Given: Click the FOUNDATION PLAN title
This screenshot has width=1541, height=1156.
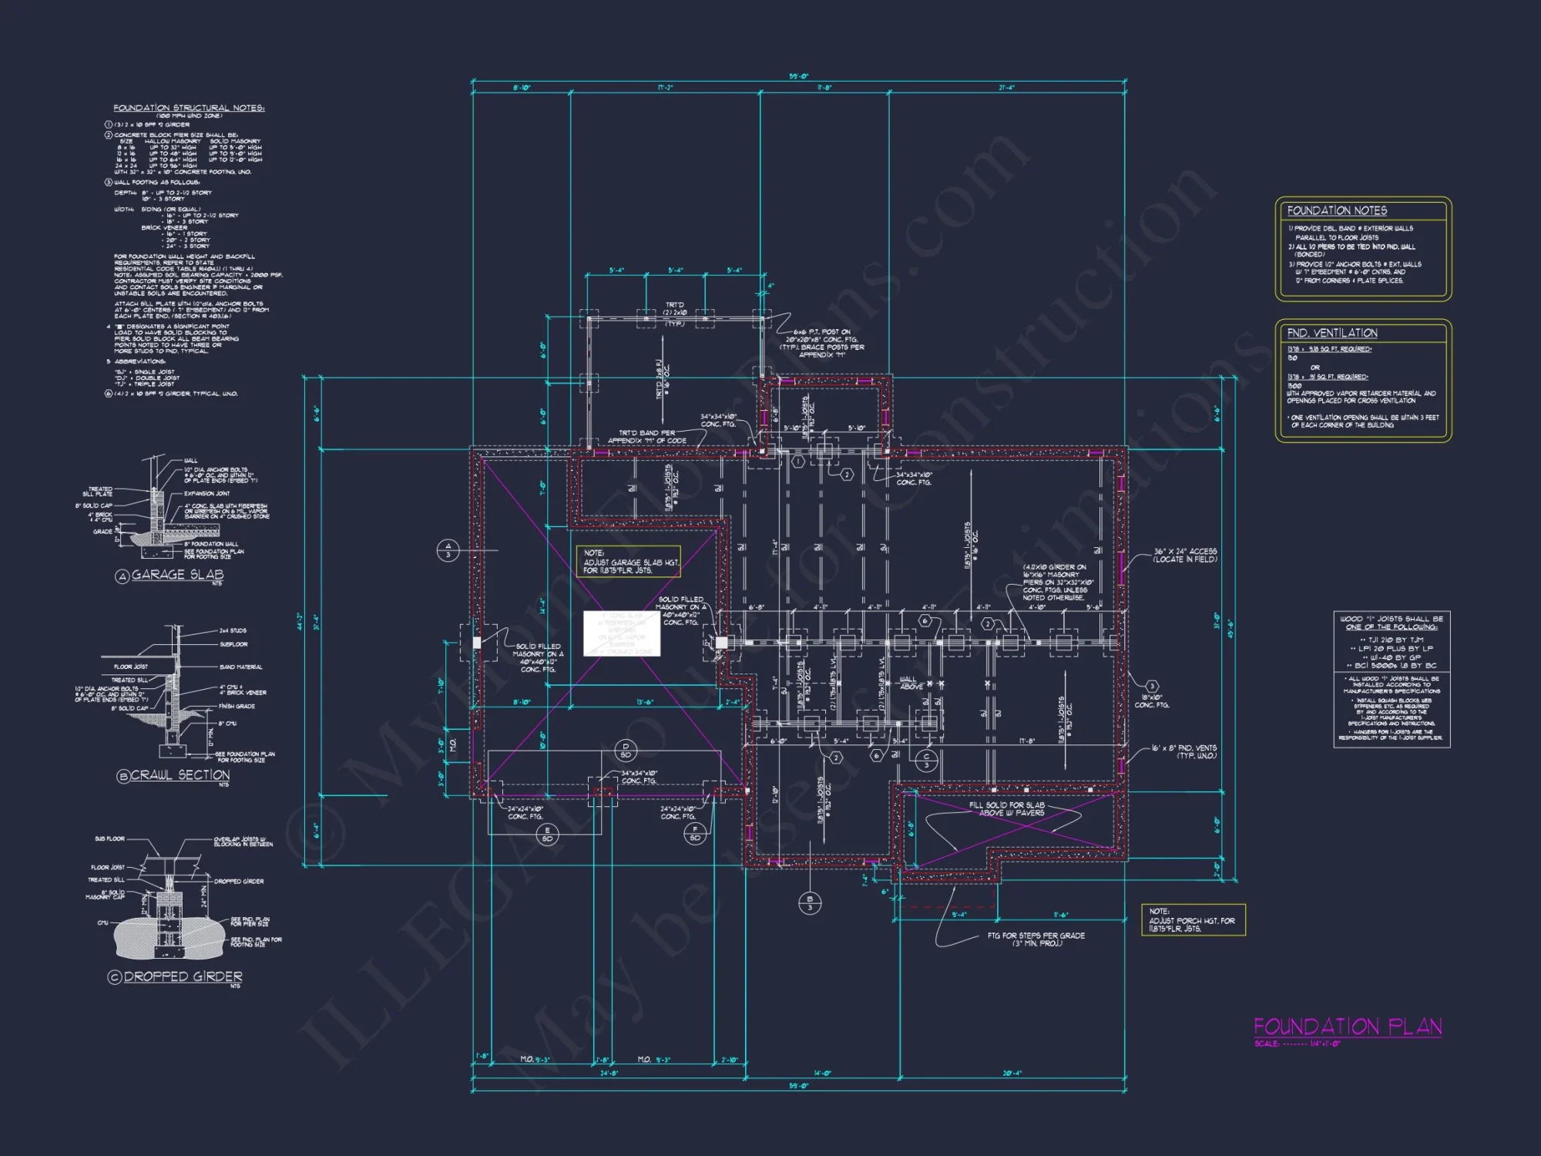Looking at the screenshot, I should tap(1348, 1027).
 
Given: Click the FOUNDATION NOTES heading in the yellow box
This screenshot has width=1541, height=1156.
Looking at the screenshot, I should tap(1337, 210).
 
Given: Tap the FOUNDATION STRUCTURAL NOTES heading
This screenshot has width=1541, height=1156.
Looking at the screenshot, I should tap(189, 108).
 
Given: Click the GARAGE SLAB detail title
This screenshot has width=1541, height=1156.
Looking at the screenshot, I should tap(177, 575).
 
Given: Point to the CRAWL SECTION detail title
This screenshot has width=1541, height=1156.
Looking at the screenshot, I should tap(180, 775).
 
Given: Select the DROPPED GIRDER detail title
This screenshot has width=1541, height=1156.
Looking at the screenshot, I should tap(183, 976).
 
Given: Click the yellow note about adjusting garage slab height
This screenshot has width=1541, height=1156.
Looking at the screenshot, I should tap(629, 562).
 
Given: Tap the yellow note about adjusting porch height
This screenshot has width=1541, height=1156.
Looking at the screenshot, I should tap(1192, 920).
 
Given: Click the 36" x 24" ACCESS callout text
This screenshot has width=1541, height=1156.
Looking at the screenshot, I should tap(1185, 555).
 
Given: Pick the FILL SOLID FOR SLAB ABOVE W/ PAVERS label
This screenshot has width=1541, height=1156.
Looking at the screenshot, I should tap(1006, 808).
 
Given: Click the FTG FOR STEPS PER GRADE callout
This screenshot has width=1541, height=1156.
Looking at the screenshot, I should tap(1036, 939).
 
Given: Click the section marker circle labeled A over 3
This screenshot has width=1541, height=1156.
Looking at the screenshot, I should tap(448, 550).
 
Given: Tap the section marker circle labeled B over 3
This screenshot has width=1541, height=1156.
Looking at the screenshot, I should tap(810, 902).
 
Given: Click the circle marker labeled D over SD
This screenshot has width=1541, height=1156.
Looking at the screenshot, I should tap(626, 750).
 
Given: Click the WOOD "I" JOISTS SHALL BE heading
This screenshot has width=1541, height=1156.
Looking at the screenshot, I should tap(1392, 623).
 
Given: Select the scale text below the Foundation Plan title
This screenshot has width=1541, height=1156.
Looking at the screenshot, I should tap(1298, 1043).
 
